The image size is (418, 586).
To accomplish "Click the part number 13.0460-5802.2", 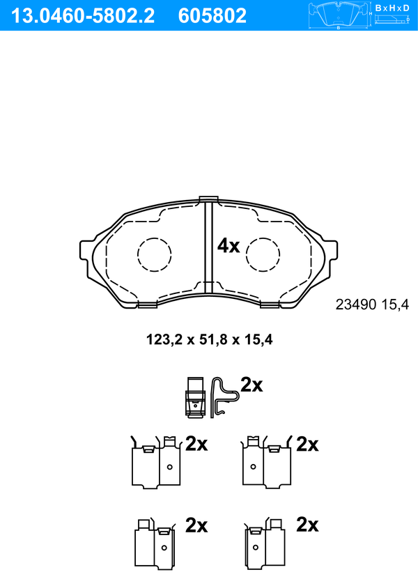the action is click(83, 16).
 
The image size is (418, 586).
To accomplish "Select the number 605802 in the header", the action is click(212, 16).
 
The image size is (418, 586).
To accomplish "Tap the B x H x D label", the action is click(392, 8).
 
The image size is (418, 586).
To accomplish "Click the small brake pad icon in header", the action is click(339, 15).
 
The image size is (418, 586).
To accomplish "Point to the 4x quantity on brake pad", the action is click(229, 246).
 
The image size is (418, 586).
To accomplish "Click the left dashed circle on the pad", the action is click(138, 254).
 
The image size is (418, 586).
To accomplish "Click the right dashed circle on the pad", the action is click(246, 254).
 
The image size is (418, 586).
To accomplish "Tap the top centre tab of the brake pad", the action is click(208, 199).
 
